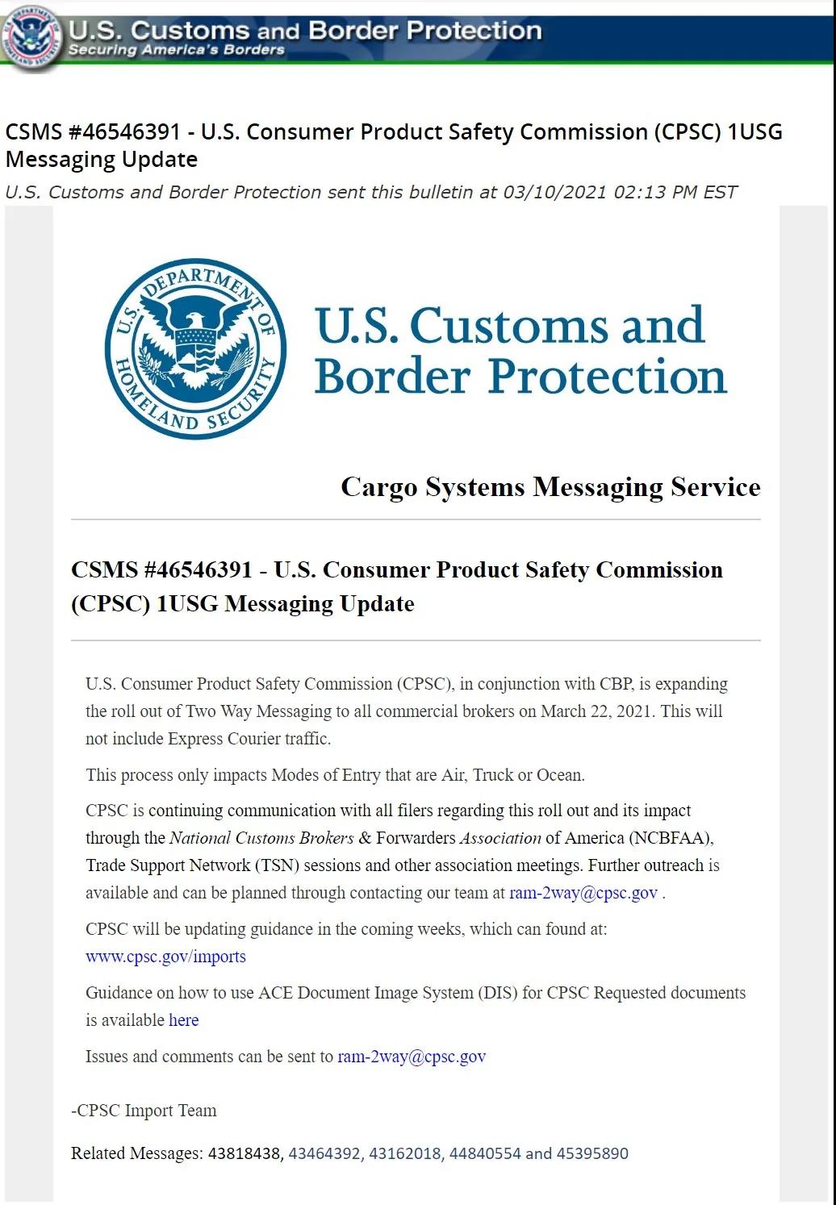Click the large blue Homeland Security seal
[195, 349]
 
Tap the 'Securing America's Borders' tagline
[176, 50]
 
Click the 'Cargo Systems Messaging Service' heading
[550, 487]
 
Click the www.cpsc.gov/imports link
[165, 957]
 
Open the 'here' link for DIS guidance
[183, 1020]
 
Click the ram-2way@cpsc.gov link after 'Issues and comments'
[412, 1057]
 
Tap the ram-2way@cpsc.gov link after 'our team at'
[583, 893]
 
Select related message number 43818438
[244, 1153]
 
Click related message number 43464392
[324, 1153]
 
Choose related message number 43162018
[405, 1153]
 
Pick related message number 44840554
[485, 1153]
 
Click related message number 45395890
[592, 1153]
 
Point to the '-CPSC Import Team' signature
[144, 1111]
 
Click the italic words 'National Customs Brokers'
[261, 838]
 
